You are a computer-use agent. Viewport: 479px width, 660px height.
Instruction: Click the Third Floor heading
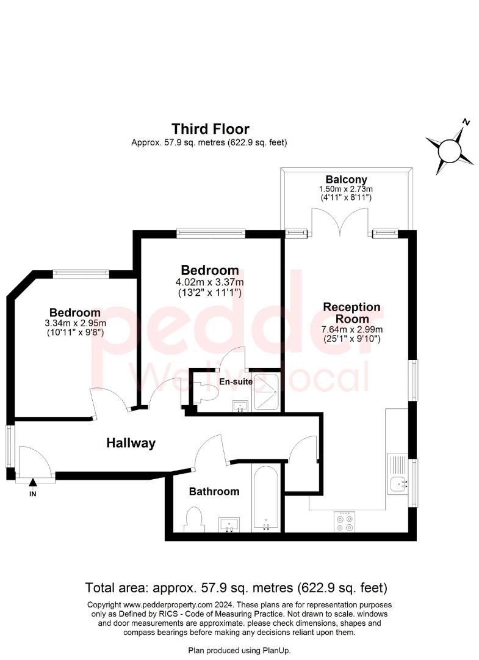click(211, 129)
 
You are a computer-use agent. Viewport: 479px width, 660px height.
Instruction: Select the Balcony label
click(346, 180)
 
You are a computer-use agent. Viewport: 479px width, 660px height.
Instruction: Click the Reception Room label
click(351, 313)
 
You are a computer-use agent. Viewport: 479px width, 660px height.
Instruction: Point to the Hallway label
click(131, 443)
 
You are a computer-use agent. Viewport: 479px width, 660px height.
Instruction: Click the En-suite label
click(236, 382)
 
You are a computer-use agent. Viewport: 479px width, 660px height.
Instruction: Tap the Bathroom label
click(214, 491)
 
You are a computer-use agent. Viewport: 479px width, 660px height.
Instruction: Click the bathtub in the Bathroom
click(266, 499)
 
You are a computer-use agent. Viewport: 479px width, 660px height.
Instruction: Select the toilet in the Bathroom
click(195, 520)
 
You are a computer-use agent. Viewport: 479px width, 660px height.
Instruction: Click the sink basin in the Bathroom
click(229, 524)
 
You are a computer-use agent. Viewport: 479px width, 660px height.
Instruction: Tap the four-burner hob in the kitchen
click(345, 522)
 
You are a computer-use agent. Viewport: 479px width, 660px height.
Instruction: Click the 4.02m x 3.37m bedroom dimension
click(209, 282)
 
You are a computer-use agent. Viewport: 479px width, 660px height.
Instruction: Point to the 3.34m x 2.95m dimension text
click(75, 323)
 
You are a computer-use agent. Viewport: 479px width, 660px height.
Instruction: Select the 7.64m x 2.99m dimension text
click(351, 329)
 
